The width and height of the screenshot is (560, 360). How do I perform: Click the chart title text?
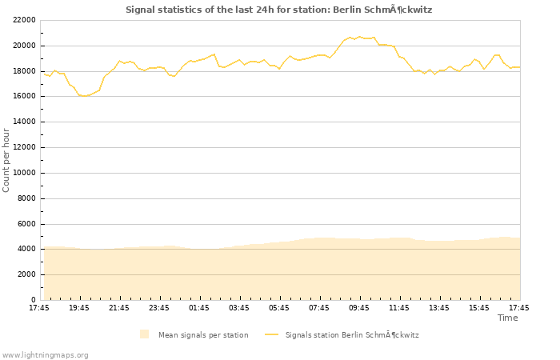click(278, 10)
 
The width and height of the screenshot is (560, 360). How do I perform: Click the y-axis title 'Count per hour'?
click(7, 159)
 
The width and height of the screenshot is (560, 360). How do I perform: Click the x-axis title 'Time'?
click(507, 318)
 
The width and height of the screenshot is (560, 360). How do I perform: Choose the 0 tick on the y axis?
click(33, 300)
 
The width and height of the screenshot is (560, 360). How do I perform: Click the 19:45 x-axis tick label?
click(79, 308)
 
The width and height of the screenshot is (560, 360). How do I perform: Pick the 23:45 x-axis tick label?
click(159, 308)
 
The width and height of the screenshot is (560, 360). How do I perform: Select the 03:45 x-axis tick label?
click(239, 308)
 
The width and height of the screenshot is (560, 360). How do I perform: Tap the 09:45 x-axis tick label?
click(359, 308)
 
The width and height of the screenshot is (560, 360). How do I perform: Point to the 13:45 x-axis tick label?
click(439, 308)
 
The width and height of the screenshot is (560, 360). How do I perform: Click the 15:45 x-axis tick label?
click(479, 308)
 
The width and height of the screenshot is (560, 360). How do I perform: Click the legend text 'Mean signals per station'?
click(203, 335)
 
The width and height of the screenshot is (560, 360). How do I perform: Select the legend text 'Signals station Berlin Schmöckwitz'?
click(352, 335)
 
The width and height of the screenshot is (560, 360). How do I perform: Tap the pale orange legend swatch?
click(144, 334)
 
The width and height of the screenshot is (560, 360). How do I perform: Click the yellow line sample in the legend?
click(271, 334)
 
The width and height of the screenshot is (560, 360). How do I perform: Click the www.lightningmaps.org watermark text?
click(46, 355)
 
